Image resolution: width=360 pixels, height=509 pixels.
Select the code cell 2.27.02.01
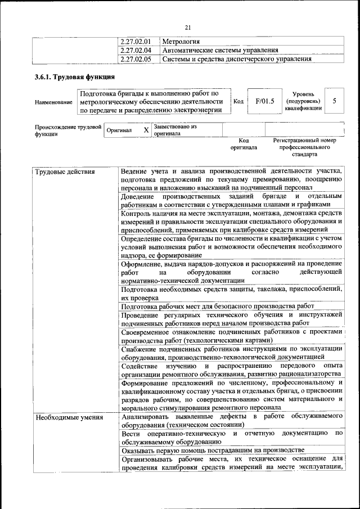[x=136, y=42]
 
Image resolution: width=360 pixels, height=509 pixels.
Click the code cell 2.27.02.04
[x=136, y=50]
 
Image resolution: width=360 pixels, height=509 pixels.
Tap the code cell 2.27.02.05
[x=136, y=58]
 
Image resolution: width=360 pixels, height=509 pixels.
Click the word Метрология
[x=181, y=42]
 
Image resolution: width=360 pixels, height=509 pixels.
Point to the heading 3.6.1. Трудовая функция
[x=75, y=77]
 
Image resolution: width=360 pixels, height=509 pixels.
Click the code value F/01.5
[x=264, y=101]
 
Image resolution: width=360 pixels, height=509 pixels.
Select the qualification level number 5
[x=334, y=101]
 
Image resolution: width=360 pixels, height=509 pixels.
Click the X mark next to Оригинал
[x=146, y=130]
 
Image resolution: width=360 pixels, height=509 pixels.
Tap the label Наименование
[x=53, y=102]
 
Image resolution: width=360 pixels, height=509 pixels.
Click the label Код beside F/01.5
[x=238, y=101]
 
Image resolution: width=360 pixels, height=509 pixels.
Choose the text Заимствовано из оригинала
[x=174, y=130]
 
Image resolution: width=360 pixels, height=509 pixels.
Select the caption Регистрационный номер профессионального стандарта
[x=304, y=147]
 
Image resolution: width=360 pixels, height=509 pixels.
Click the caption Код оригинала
[x=244, y=144]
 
